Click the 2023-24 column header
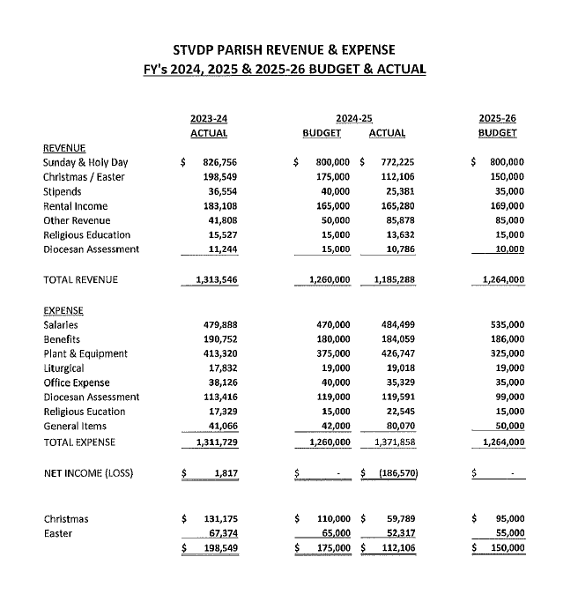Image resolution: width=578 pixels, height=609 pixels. [x=209, y=117]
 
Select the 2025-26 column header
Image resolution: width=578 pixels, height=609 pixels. [x=498, y=117]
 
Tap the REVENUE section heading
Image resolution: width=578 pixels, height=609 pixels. [x=64, y=148]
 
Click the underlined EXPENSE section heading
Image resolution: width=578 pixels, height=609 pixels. [x=63, y=310]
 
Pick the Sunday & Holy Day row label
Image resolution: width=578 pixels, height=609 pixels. [x=85, y=162]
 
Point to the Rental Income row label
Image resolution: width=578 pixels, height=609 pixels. [x=75, y=205]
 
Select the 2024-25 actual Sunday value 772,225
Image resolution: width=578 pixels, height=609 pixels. [x=396, y=162]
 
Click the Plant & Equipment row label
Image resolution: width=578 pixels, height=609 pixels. [x=85, y=353]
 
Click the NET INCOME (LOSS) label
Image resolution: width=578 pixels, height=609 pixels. [x=88, y=473]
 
